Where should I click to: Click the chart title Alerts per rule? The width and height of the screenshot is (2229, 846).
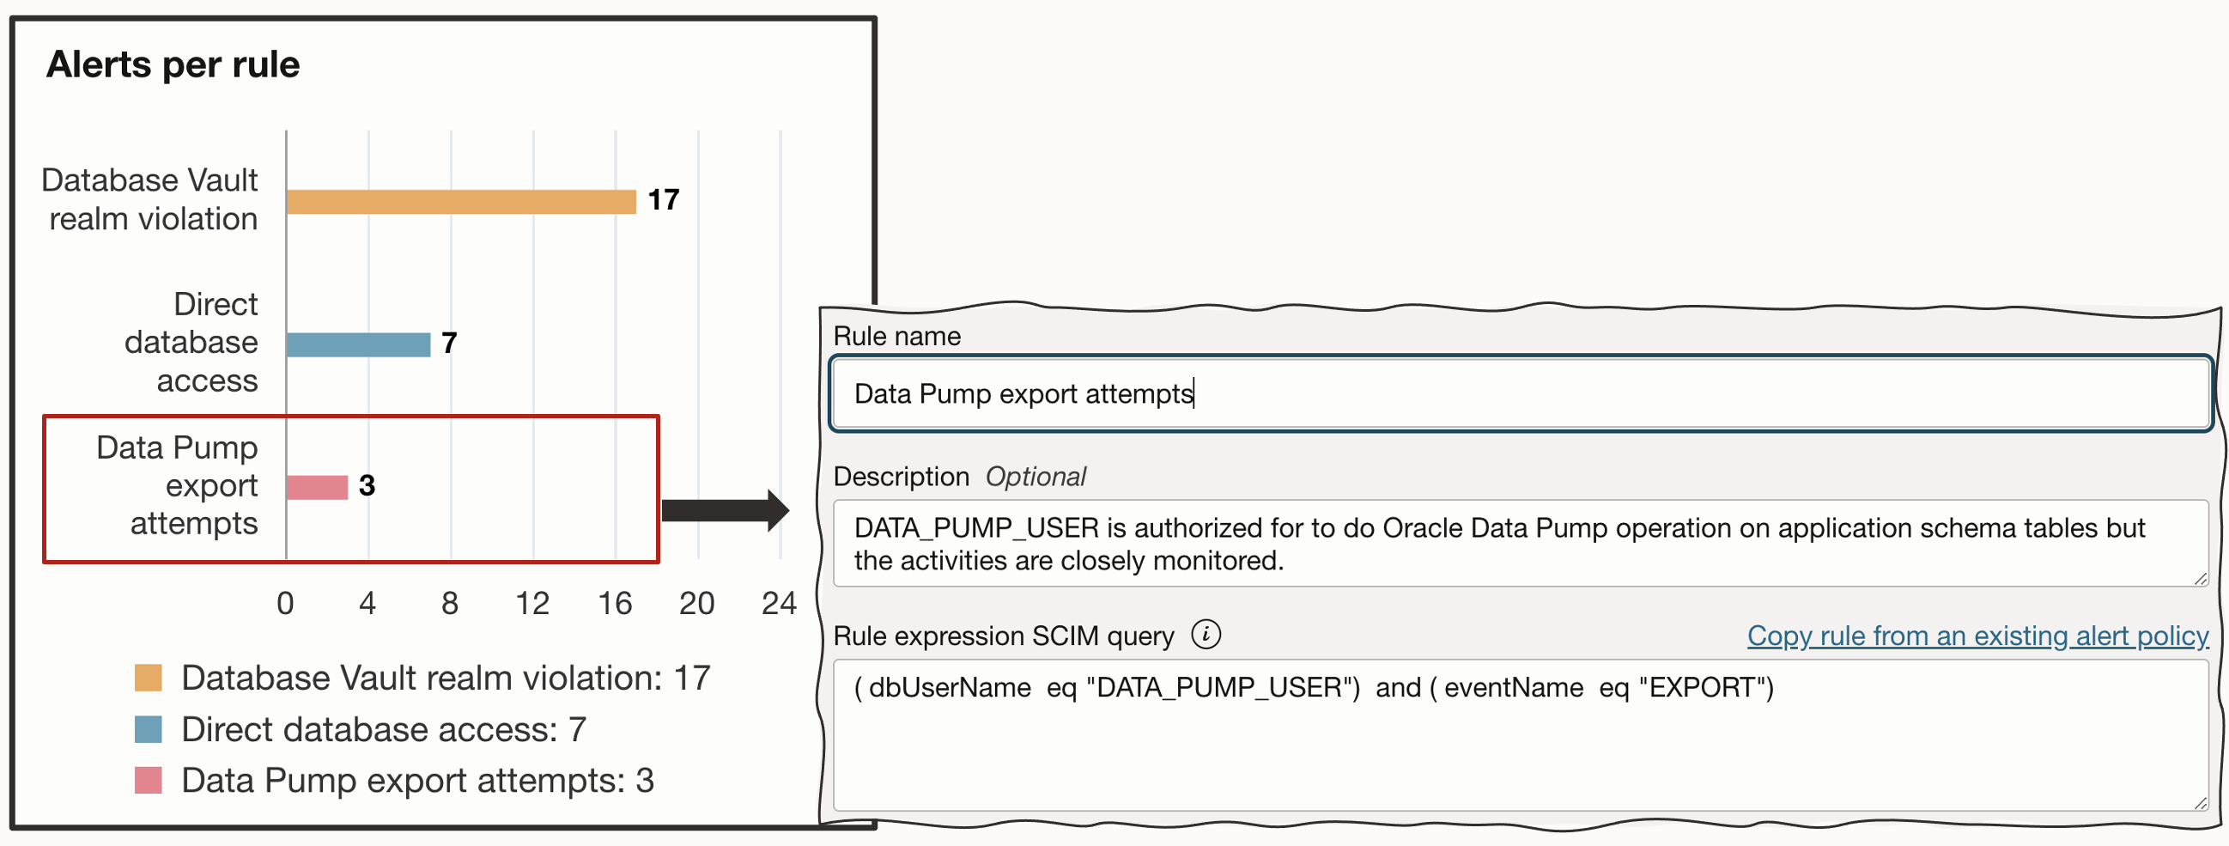click(x=173, y=65)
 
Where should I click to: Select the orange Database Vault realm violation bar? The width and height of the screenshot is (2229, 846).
click(x=460, y=202)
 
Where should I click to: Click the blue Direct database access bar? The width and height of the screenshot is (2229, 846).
click(x=358, y=344)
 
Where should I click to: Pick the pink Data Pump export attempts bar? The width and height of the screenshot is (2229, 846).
click(x=317, y=488)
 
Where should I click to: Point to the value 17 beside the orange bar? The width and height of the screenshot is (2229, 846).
click(x=664, y=200)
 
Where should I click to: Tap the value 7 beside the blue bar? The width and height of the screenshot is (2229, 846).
click(x=448, y=343)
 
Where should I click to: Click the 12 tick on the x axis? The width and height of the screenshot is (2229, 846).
click(x=532, y=604)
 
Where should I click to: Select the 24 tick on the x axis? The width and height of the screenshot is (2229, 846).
click(x=779, y=604)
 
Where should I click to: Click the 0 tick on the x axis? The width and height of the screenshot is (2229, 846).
click(x=286, y=604)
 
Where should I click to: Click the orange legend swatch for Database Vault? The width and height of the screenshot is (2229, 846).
click(x=149, y=678)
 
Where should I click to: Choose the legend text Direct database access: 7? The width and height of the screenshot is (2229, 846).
click(x=383, y=730)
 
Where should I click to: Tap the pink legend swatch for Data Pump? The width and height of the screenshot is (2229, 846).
click(x=149, y=780)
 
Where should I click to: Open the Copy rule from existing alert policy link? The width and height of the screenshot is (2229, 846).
click(x=1977, y=636)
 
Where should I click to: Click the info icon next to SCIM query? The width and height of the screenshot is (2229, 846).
click(x=1206, y=635)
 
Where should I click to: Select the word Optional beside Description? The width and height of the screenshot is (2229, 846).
click(x=1035, y=477)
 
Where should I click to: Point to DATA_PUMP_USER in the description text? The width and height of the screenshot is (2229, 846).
click(x=976, y=528)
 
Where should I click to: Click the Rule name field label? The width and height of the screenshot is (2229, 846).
click(x=896, y=336)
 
